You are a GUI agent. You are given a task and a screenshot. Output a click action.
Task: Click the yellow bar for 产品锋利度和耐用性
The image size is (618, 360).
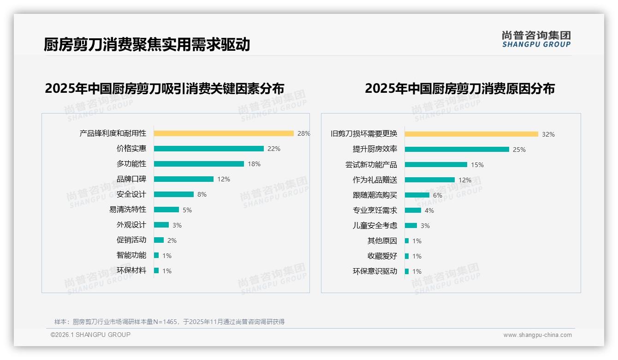[x=224, y=133]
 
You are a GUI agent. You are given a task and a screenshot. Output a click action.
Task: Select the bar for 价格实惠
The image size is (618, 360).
[x=208, y=149]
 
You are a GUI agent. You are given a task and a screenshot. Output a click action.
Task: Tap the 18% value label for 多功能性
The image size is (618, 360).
[x=254, y=164]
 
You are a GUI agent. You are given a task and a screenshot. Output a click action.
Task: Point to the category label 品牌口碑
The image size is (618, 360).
[x=131, y=179]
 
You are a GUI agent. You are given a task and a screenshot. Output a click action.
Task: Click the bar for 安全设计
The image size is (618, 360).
[x=174, y=194]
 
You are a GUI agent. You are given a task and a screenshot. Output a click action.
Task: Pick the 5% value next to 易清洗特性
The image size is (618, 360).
[x=187, y=210]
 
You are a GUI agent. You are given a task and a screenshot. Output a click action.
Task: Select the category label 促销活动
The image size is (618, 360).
[x=131, y=240]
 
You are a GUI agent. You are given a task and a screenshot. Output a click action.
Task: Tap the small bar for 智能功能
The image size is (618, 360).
[x=156, y=255]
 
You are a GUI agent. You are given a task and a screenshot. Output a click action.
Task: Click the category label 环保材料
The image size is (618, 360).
[x=131, y=270]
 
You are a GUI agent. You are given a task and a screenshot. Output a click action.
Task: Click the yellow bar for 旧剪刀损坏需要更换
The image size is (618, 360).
[x=471, y=134]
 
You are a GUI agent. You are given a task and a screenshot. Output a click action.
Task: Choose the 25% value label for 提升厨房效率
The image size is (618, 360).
[x=519, y=150]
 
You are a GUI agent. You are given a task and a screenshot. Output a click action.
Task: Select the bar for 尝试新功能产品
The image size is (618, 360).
[x=436, y=165]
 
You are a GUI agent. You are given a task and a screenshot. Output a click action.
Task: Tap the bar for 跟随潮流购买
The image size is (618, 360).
[x=417, y=195]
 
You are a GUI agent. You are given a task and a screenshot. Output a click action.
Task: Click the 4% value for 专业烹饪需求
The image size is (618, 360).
[x=429, y=210]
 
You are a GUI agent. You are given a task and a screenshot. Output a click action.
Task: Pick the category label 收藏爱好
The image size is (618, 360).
[x=382, y=256]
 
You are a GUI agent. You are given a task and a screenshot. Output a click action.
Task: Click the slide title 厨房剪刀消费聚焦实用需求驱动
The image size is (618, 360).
[x=147, y=44]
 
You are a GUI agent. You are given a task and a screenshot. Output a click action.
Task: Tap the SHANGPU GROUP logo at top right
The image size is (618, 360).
[x=536, y=39]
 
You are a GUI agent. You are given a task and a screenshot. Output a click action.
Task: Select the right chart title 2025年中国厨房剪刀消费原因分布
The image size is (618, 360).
[x=460, y=89]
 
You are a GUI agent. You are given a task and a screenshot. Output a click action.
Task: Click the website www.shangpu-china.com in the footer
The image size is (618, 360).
[x=537, y=335]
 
